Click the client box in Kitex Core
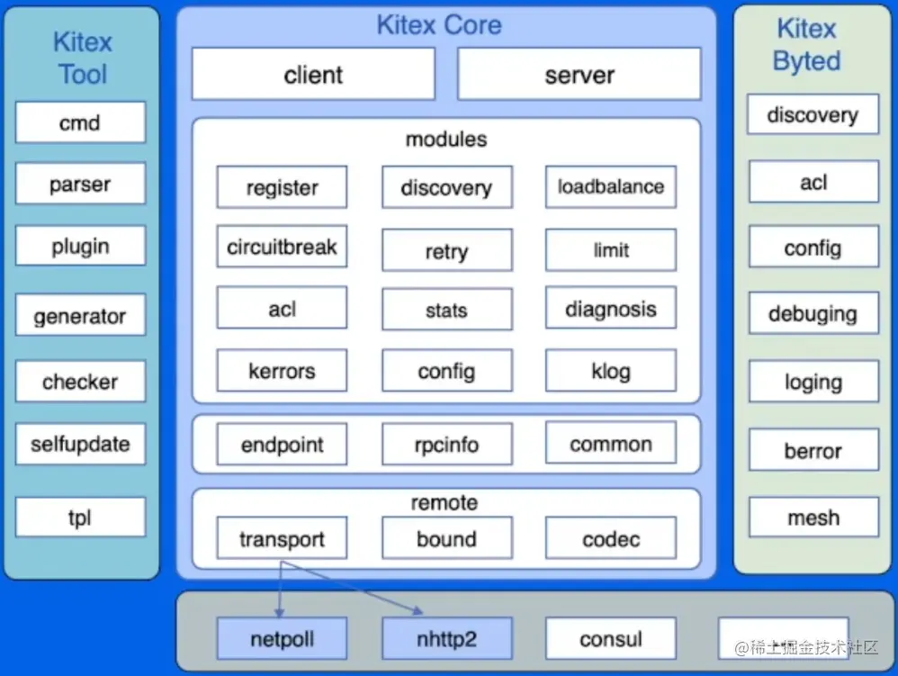coord(313,74)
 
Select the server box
coord(579,74)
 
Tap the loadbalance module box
coord(610,187)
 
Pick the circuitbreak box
coord(282,247)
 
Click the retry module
coord(446,251)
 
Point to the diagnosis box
coord(610,310)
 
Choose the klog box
coord(610,371)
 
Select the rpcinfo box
coord(446,445)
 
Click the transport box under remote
coord(282,539)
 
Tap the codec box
coord(610,539)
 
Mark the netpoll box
coord(282,640)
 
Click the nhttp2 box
coord(446,640)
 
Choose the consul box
coord(610,640)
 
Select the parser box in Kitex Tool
coord(80,185)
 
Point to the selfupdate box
coord(80,444)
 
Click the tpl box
coord(80,518)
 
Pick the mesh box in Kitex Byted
coord(813,518)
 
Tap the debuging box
coord(813,314)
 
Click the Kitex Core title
coord(439,24)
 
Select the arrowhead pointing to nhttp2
coord(418,611)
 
